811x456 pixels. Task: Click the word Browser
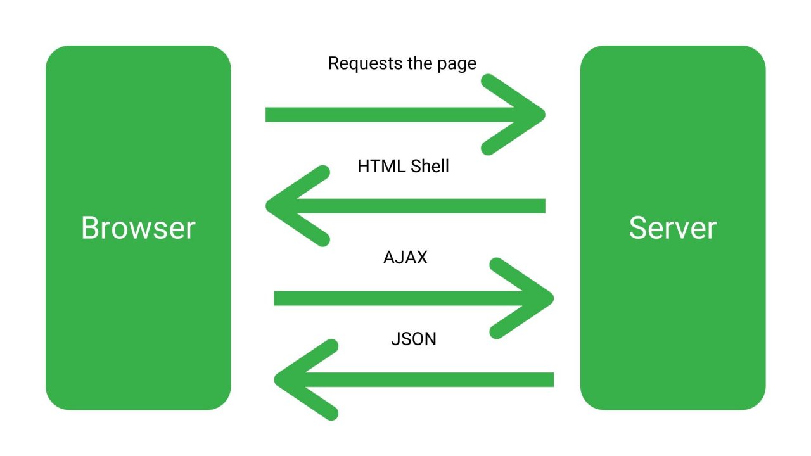coord(138,228)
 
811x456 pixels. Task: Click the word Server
coord(672,228)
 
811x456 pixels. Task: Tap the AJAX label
coord(405,258)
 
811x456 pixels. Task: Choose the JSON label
coord(414,339)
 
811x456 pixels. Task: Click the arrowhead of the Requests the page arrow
coord(539,115)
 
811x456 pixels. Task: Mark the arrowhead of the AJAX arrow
coord(547,298)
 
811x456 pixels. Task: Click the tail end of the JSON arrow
coord(550,379)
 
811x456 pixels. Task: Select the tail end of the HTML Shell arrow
coord(541,206)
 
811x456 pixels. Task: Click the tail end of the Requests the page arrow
coord(270,115)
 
